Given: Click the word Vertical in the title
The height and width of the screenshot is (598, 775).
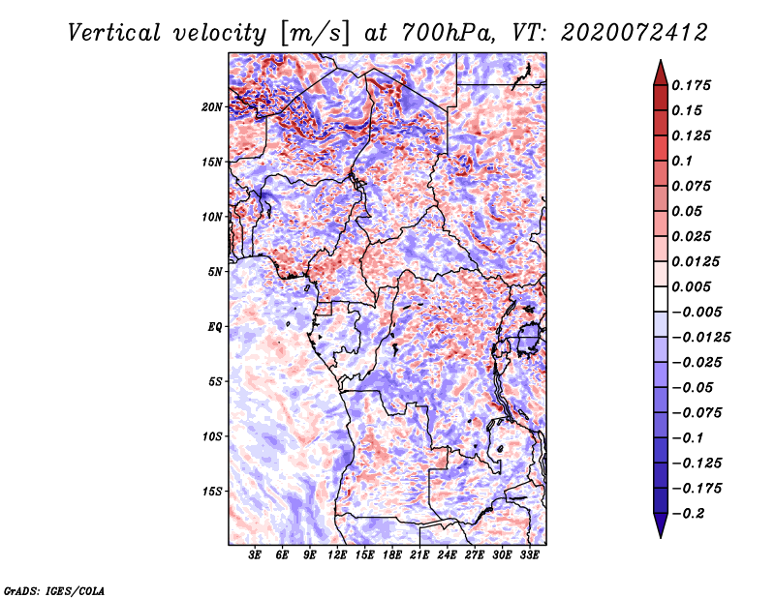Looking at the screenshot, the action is pos(113,33).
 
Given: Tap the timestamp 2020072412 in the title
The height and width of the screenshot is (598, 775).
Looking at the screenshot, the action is pos(635,33).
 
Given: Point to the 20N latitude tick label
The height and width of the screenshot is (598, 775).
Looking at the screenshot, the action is pos(212,107).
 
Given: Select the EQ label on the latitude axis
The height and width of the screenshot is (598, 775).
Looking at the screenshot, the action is pos(215,327).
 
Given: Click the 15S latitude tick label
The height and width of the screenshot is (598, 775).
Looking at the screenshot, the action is pos(212,492).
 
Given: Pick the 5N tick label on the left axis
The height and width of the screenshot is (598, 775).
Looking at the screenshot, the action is pos(215,272).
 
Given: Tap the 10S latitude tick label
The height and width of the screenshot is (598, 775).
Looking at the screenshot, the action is pos(212,436).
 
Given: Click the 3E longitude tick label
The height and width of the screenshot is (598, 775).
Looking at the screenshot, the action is pos(255,555).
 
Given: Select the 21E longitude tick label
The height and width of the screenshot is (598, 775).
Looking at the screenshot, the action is pos(419,555).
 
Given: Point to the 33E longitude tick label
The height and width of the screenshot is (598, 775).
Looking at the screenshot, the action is pos(529,555).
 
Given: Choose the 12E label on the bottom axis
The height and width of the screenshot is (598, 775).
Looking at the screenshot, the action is pos(337,555).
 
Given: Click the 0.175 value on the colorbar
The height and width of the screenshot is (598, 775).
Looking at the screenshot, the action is pos(691,85).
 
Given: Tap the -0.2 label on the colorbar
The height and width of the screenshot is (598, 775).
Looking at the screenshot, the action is pos(688,514).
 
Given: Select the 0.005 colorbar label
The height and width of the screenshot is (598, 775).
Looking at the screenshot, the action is pos(691,286).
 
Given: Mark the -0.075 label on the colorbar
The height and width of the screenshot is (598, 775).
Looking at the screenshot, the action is pos(697,413).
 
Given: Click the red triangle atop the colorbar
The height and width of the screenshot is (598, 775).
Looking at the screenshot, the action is pos(661,75).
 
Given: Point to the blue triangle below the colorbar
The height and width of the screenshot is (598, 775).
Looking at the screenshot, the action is pos(661,523).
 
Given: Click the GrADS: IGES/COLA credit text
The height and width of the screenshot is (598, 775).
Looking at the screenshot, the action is pos(54,590).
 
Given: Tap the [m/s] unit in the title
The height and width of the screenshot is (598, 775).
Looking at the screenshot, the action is pos(314,33).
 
